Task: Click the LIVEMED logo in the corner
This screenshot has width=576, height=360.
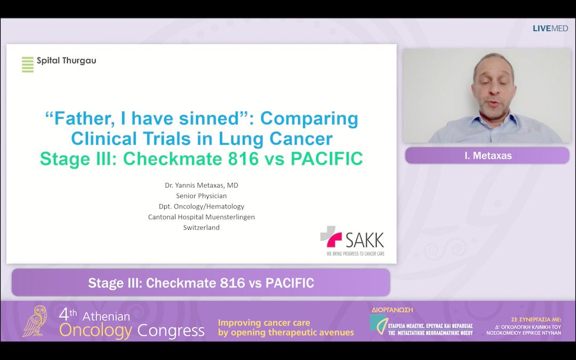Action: click(550, 28)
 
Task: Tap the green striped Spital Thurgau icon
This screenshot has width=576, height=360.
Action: click(28, 64)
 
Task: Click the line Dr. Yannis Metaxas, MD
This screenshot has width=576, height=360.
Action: click(201, 185)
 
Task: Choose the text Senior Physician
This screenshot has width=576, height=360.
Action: click(201, 196)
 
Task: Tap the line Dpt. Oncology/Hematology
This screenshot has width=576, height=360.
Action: click(201, 206)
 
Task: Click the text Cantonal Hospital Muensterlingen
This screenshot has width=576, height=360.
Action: click(201, 217)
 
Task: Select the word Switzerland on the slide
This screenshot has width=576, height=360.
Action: click(201, 228)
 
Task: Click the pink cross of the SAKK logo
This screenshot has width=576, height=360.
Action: click(331, 237)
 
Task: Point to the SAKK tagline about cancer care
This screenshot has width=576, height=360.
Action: click(355, 254)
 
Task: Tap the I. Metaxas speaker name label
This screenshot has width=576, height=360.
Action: click(487, 156)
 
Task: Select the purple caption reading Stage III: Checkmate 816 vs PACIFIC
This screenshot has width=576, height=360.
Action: click(201, 283)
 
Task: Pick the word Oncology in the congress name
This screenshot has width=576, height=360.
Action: click(95, 331)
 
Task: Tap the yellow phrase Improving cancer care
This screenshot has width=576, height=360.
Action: click(264, 323)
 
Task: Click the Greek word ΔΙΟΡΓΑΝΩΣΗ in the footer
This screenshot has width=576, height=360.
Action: click(392, 310)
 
